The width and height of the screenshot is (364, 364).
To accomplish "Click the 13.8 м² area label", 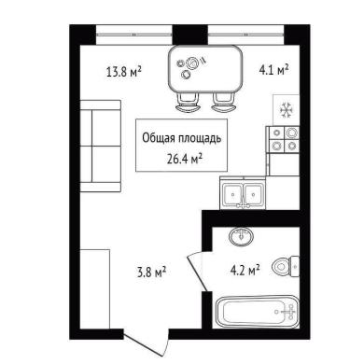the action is pos(124,72).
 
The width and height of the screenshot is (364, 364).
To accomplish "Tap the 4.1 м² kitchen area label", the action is pos(273,70).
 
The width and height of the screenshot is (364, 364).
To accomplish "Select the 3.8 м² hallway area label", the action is pos(151,272).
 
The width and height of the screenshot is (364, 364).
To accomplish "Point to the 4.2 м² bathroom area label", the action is pos(245,270).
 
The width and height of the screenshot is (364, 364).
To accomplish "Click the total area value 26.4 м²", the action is pos(185,159).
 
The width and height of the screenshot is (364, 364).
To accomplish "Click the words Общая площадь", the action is pos(182,138).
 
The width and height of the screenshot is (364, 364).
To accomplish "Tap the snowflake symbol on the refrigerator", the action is pos(286,110).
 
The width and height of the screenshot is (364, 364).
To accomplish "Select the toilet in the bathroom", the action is pos(286,266).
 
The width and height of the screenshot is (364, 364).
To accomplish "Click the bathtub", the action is pos(257,312).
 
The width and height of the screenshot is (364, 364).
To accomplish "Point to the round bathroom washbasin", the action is pos(241,237).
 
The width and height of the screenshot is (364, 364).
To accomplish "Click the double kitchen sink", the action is pos(243,193).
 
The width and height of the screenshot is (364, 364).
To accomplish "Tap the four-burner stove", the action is pos(283,139).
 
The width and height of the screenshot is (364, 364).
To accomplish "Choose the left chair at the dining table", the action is pos(188,103).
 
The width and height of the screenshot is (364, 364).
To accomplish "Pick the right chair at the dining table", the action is pos(223,103).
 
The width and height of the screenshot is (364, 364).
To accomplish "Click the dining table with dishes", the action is pos(205,69).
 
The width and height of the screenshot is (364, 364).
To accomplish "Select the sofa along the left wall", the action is pos(101,146).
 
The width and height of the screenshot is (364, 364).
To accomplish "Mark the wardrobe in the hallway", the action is pos(95,288).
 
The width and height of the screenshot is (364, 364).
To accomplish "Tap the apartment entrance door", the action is pos(147,343).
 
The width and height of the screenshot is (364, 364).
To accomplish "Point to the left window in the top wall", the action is pos(134,35).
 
